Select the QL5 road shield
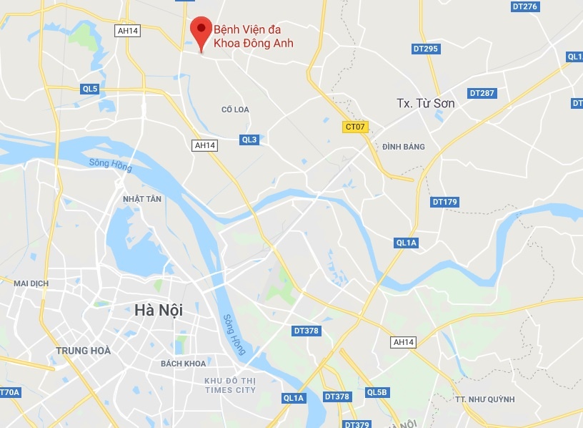click(x=89, y=89)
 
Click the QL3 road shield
click(x=249, y=140)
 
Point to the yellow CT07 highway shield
click(x=355, y=127)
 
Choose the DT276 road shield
click(x=524, y=6)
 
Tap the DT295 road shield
click(x=426, y=49)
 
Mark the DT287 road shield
click(x=482, y=93)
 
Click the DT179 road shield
click(x=444, y=202)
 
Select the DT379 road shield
click(x=357, y=424)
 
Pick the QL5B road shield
click(x=377, y=392)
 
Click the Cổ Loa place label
click(x=235, y=110)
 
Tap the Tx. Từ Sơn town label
click(x=426, y=103)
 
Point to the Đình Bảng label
click(x=404, y=147)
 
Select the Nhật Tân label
click(x=142, y=199)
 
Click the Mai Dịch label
click(x=31, y=283)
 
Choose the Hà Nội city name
click(x=159, y=311)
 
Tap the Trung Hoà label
click(x=84, y=351)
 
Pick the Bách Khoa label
click(x=183, y=364)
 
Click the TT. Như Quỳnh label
click(x=484, y=399)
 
